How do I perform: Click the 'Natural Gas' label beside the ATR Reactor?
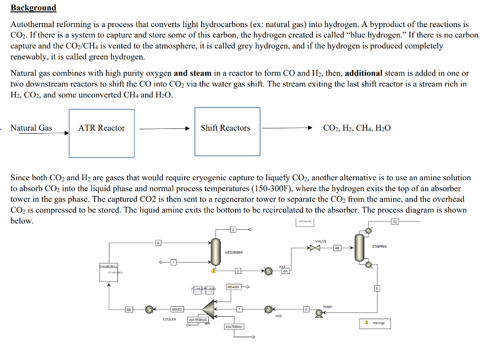[31, 128]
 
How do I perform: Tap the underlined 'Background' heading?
[33, 8]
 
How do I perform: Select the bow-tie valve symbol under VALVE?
[315, 247]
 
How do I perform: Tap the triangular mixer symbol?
[209, 309]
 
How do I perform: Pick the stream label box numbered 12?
[394, 221]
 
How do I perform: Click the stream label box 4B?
[337, 247]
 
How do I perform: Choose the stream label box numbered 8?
[159, 243]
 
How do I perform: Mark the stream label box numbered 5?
[377, 288]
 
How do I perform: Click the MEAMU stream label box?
[234, 287]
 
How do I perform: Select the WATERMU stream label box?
[234, 327]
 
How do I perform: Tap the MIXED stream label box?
[177, 310]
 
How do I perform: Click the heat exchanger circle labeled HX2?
[269, 309]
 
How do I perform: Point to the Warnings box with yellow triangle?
[375, 323]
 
